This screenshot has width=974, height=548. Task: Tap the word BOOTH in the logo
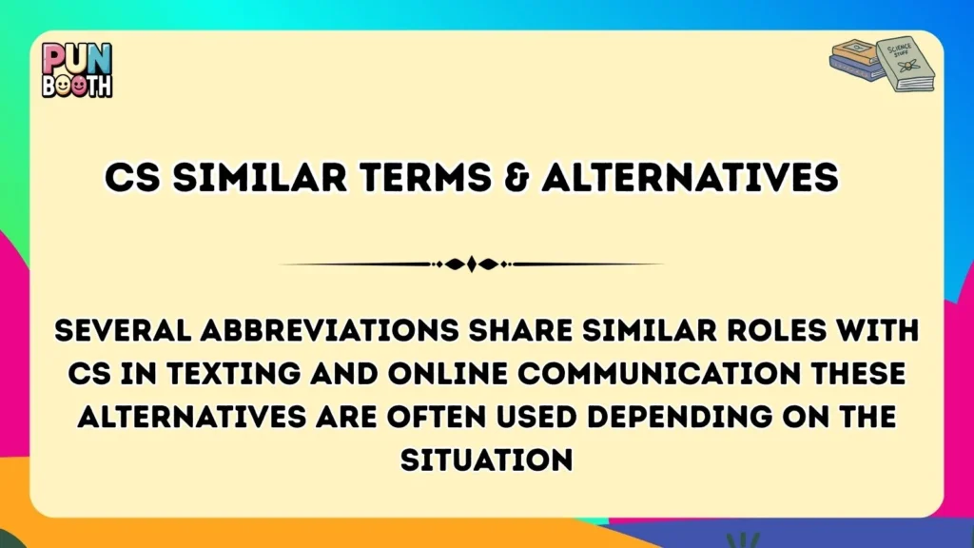pyautogui.click(x=77, y=86)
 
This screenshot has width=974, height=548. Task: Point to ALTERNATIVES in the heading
pyautogui.click(x=690, y=178)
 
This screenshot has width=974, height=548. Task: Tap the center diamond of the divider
pyautogui.click(x=472, y=264)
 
